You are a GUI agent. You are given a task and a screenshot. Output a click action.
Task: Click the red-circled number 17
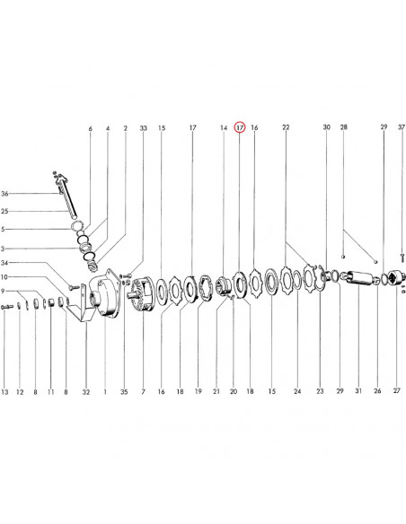pos(240,127)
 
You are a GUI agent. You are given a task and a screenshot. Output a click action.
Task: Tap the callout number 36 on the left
pos(4,194)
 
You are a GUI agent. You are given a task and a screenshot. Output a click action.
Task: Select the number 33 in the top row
pos(144,128)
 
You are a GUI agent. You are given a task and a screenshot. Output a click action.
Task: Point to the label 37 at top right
pos(402,127)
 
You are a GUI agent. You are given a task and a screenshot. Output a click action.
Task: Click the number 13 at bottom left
pos(4,392)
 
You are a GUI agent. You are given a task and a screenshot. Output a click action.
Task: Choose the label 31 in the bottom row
pos(358,390)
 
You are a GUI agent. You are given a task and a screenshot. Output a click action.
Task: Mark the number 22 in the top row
pos(286,127)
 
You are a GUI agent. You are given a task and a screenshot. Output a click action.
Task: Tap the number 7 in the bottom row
pos(143,391)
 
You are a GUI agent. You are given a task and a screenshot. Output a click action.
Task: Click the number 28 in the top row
pos(344,127)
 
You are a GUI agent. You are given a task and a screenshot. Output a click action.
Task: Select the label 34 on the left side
pos(4,263)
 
